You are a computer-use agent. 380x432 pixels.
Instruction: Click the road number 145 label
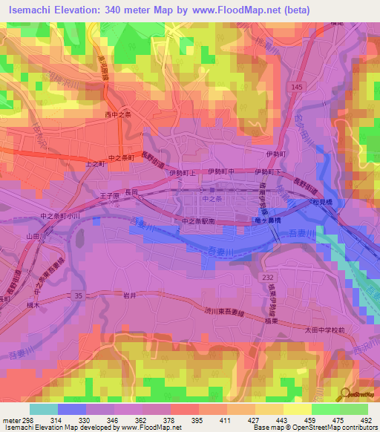[298, 88]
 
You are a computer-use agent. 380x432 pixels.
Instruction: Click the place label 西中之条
[117, 115]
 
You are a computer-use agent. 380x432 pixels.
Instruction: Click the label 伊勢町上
[181, 172]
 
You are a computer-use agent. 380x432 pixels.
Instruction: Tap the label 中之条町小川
[57, 216]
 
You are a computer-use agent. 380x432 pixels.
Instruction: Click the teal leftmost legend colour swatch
[43, 409]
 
